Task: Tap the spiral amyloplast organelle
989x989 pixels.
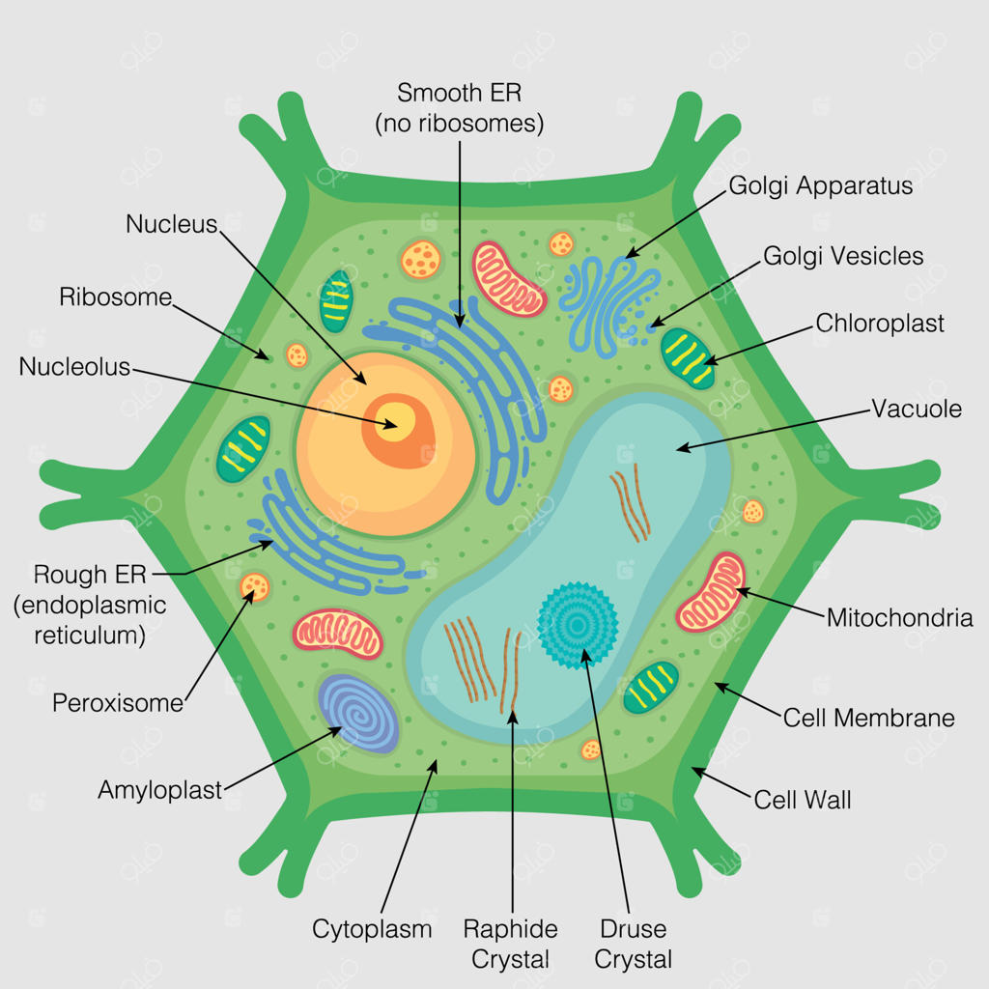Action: tap(357, 713)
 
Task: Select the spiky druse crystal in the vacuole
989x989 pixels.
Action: tap(578, 625)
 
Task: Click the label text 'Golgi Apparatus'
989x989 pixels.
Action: tap(821, 186)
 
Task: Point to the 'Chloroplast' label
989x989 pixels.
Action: tap(880, 323)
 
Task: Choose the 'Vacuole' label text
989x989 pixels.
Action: tap(917, 409)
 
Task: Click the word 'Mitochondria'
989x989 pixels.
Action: tap(900, 617)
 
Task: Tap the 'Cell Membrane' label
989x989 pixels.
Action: tap(868, 718)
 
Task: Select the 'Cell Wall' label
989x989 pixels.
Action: tap(803, 800)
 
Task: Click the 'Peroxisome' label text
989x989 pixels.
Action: tap(118, 703)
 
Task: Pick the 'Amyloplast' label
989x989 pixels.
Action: tap(159, 790)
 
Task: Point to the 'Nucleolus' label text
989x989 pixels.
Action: tap(74, 366)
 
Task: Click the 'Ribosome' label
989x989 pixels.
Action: tap(116, 297)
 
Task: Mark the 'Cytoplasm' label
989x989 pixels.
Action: tap(372, 930)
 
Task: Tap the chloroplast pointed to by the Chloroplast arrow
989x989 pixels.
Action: tap(688, 358)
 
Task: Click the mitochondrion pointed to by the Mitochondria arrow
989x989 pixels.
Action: tap(711, 592)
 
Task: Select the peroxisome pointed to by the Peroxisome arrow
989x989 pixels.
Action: tap(255, 587)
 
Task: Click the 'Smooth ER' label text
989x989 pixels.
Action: tap(459, 93)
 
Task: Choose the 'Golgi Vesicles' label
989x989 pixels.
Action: tap(843, 256)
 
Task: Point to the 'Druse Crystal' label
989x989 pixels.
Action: tap(634, 945)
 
